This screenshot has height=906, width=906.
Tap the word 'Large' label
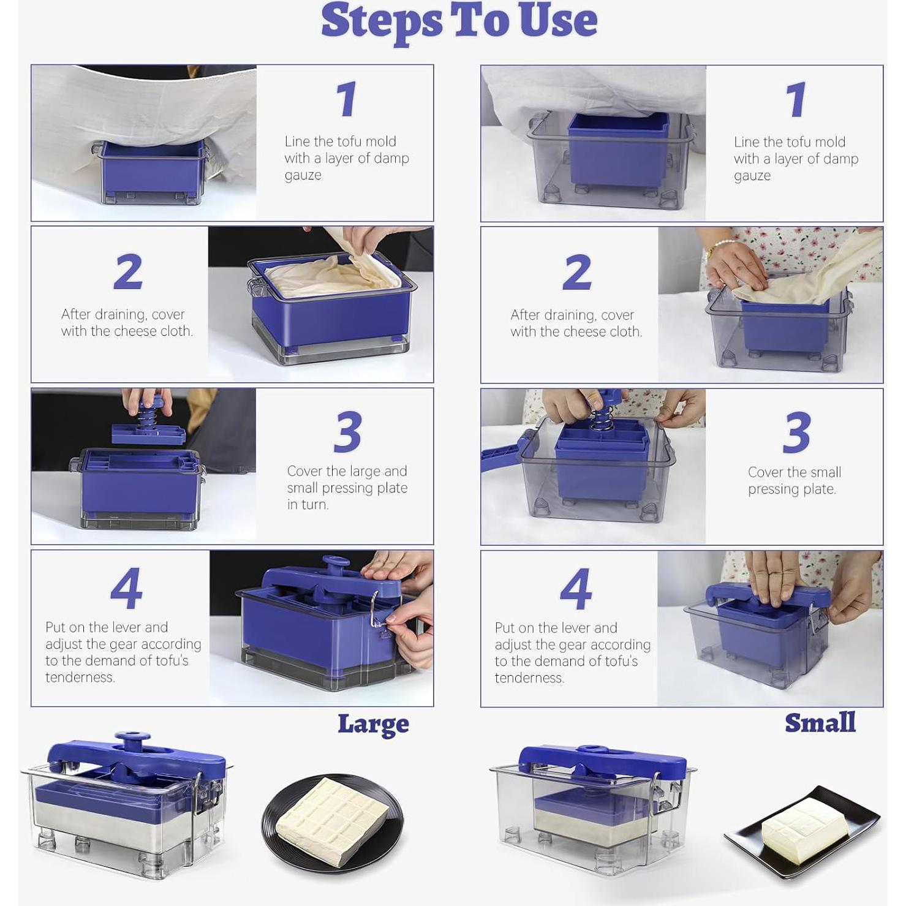[x=373, y=724]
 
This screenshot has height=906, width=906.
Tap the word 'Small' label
[x=820, y=723]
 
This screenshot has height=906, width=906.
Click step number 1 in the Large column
[x=347, y=99]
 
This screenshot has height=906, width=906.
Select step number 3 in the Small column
[x=796, y=432]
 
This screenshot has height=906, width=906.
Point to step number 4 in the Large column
[x=127, y=588]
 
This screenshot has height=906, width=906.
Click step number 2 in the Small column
[x=576, y=272]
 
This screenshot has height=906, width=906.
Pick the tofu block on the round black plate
[x=332, y=813]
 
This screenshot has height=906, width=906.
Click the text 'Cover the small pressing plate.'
[x=794, y=480]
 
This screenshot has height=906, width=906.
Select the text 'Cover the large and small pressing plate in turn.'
[x=347, y=488]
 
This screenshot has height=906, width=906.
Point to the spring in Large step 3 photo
[x=146, y=418]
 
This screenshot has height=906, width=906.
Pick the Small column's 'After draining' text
[x=576, y=323]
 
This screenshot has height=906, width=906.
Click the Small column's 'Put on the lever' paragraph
[x=572, y=652]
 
